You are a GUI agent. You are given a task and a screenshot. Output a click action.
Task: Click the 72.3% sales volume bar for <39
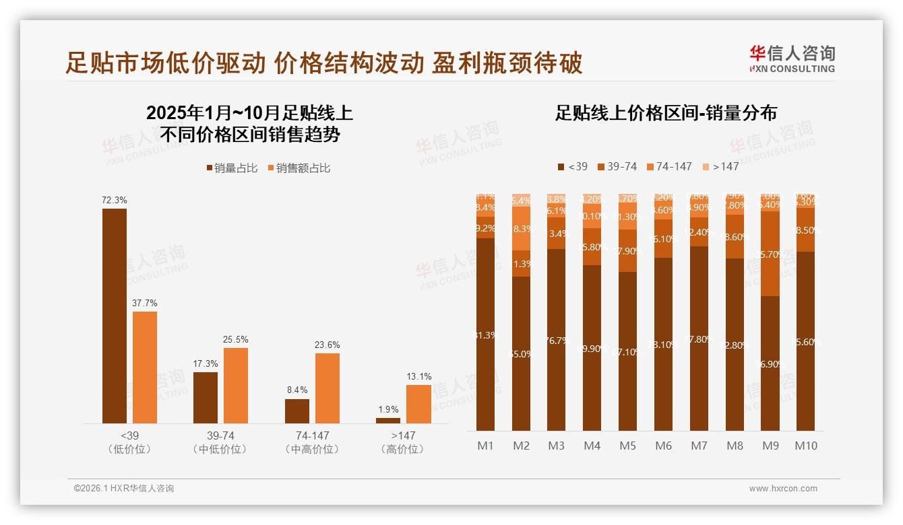coord(115,316)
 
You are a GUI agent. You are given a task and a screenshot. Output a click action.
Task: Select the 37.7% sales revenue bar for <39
coord(145,367)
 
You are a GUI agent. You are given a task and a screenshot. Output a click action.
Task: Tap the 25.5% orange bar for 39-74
coord(236,385)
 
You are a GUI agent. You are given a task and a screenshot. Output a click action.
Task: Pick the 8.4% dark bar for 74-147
coord(297,411)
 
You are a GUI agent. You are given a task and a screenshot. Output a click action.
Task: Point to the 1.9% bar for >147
coord(388,421)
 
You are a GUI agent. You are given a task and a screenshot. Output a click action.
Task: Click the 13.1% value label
coord(419,376)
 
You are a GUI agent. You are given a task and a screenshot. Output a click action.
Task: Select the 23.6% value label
coord(328,345)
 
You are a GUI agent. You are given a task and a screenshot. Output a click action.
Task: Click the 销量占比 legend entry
coord(232,168)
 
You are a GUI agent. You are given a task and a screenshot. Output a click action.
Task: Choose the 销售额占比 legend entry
coord(299,168)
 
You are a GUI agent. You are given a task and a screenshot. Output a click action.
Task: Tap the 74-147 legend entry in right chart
coord(669,166)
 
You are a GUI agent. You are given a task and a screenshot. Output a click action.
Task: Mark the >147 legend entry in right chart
coord(720,166)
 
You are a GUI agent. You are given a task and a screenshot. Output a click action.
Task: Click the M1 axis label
coord(486,446)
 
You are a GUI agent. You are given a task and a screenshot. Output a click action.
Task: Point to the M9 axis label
coord(770,446)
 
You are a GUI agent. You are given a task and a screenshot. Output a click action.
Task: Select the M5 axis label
coord(628,446)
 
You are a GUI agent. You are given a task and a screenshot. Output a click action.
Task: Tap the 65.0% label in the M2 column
coord(522,354)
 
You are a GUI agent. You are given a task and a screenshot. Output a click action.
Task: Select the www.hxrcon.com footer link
coord(783,489)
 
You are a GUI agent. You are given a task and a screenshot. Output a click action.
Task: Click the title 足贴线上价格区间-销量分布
coord(666,113)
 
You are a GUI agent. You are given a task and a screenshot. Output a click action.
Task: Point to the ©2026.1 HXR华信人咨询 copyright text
coord(124,489)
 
